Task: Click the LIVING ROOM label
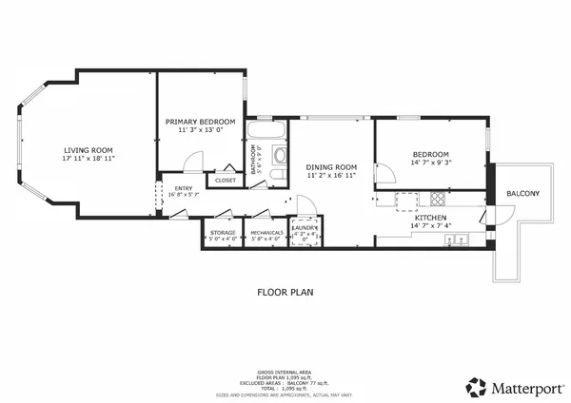89,150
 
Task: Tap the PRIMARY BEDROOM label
201,122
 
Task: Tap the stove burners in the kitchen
438,200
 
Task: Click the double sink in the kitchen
457,240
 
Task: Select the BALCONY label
522,194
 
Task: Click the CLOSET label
226,180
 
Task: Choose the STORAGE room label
223,232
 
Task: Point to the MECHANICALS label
267,232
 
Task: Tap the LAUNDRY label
305,228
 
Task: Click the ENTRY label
184,188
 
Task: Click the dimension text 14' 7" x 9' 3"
430,163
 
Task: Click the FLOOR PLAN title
285,293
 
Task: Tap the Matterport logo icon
476,387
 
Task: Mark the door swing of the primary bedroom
192,165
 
